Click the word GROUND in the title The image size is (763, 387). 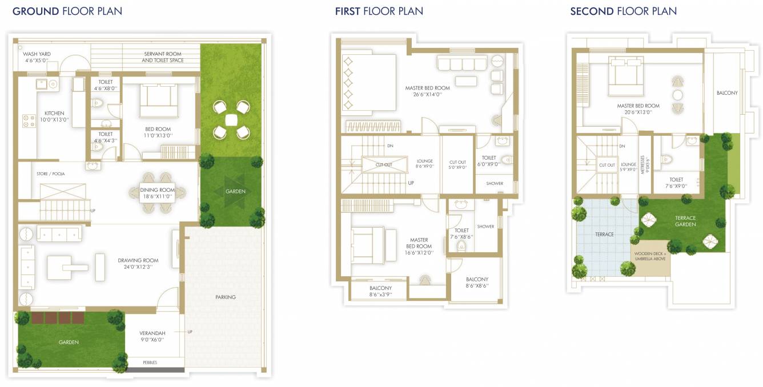tap(36, 11)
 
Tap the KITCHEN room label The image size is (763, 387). tap(54, 113)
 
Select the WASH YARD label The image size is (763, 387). tap(37, 54)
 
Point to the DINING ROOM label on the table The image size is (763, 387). tap(158, 190)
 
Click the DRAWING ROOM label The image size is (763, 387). tap(138, 260)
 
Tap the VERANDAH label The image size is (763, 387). tap(152, 333)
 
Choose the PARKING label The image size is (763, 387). tap(226, 297)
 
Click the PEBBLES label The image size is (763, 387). tap(150, 362)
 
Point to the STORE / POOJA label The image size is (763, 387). tap(51, 174)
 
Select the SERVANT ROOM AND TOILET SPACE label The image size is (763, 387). tap(163, 57)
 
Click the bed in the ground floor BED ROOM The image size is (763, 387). tap(158, 100)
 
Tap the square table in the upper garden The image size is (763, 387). tap(231, 120)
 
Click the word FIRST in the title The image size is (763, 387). tap(347, 11)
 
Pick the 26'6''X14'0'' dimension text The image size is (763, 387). tap(427, 94)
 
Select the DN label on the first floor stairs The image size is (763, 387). tap(390, 146)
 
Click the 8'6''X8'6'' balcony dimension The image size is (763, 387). tap(477, 285)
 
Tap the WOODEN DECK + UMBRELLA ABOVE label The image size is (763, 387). tap(650, 256)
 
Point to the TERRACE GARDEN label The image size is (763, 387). tap(685, 221)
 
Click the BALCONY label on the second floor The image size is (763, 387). tap(727, 92)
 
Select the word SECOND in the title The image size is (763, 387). tap(592, 11)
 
